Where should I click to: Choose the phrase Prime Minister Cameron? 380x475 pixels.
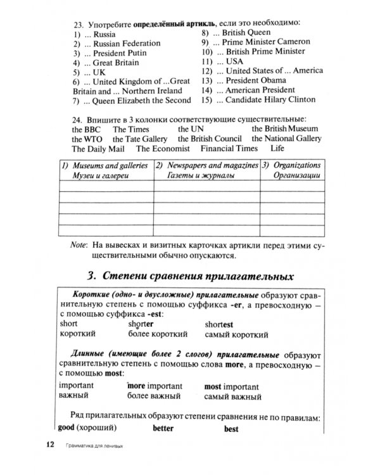266,42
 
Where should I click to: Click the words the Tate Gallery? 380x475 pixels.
140,139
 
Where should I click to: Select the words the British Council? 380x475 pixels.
210,139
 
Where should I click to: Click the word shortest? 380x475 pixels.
219,324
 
